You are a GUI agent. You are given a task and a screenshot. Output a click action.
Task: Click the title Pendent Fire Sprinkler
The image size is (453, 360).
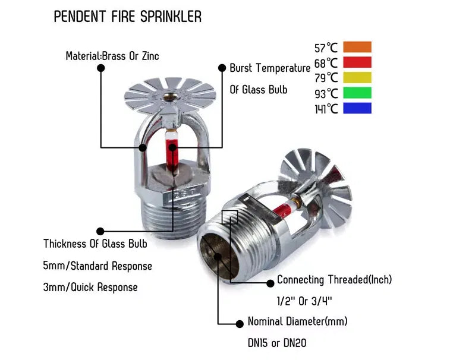[x=127, y=17]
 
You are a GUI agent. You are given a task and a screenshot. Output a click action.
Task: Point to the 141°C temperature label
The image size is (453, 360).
[x=326, y=109]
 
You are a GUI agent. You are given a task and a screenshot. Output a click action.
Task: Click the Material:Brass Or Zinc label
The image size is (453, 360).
[x=112, y=56]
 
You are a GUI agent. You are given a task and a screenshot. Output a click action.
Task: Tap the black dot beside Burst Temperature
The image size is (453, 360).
[x=222, y=68]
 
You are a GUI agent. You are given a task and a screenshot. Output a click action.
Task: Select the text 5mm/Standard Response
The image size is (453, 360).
[x=97, y=266]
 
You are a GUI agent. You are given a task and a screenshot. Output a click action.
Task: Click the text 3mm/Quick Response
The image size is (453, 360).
[x=90, y=287]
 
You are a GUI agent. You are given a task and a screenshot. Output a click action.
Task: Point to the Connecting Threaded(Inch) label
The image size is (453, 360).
[x=334, y=279]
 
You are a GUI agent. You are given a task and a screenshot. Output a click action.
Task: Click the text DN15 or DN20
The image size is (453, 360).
[x=277, y=343]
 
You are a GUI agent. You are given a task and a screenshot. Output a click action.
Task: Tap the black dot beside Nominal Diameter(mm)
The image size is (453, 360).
[x=240, y=323]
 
